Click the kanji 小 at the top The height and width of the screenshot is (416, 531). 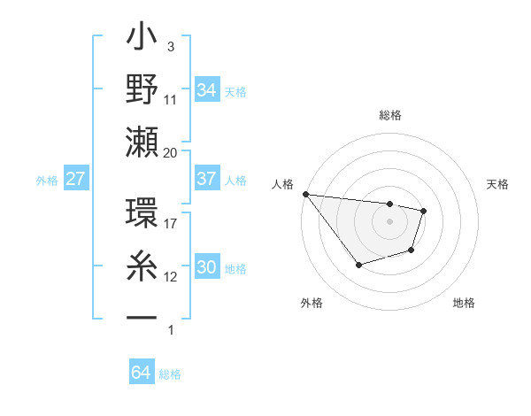coord(142,40)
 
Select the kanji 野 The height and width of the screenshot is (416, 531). coord(142,89)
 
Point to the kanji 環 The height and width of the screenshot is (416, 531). coord(142,217)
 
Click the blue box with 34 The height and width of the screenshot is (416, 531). coord(206,89)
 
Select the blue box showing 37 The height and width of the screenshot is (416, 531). coord(206,179)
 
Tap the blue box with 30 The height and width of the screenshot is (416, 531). coord(206,267)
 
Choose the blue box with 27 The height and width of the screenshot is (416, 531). coord(75,179)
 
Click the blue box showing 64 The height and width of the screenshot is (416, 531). coord(141,373)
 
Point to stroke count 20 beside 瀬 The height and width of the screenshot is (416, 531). coord(170,153)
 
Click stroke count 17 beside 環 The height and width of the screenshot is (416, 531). coord(170,224)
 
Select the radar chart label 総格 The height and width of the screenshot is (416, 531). coord(390,115)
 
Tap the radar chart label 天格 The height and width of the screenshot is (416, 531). coord(497,184)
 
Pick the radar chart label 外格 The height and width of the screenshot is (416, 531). coord(311,303)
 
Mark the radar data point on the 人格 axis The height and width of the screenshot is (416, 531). coord(305,194)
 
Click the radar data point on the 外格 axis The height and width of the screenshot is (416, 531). coord(358,265)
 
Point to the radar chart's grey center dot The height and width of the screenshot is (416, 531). coord(390,221)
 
